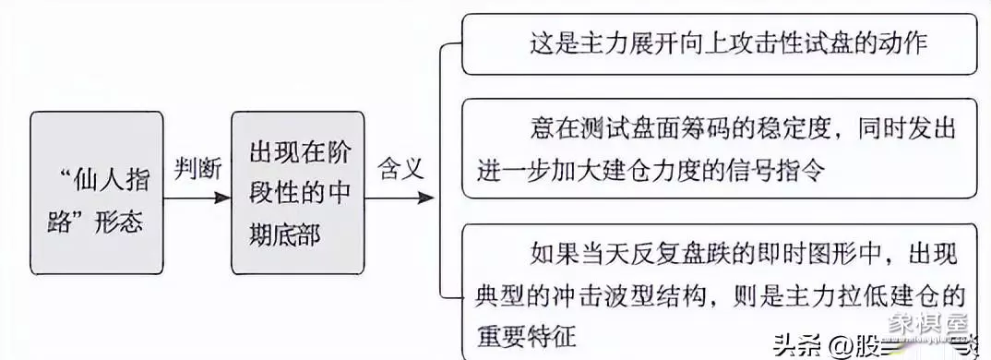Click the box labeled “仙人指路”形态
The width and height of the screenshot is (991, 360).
[97, 191]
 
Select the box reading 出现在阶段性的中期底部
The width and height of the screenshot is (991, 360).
[297, 191]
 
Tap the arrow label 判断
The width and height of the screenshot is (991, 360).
[197, 167]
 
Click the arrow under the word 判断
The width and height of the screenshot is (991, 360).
[197, 197]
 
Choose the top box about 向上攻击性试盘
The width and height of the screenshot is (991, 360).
[719, 43]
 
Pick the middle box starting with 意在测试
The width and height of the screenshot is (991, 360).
[719, 150]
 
